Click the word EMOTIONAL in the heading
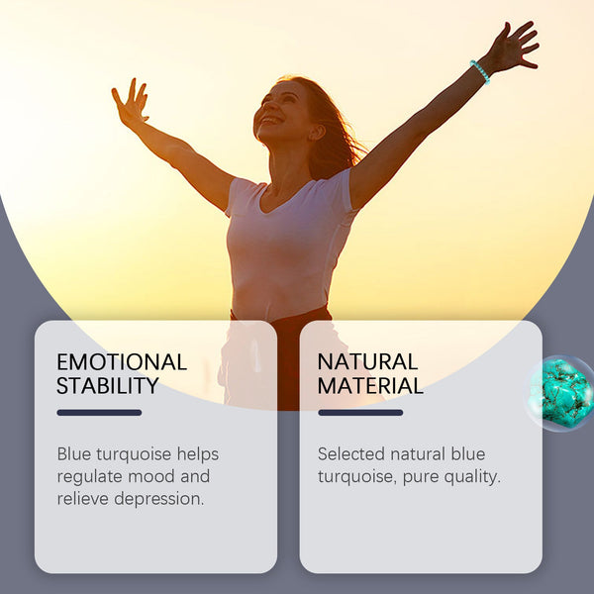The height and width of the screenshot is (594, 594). coord(121,362)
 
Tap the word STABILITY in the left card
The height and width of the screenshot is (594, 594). coord(108,386)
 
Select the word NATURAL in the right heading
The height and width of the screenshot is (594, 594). coord(367,362)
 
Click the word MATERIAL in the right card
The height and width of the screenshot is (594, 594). coord(370,386)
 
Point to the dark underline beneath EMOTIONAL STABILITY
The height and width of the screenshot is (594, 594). coord(99,413)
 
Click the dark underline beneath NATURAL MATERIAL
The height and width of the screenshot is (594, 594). coord(360,413)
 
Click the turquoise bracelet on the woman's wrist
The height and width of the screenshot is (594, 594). coord(480,71)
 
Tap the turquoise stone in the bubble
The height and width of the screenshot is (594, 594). coord(560,392)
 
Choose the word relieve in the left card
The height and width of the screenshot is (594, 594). coord(83,499)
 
